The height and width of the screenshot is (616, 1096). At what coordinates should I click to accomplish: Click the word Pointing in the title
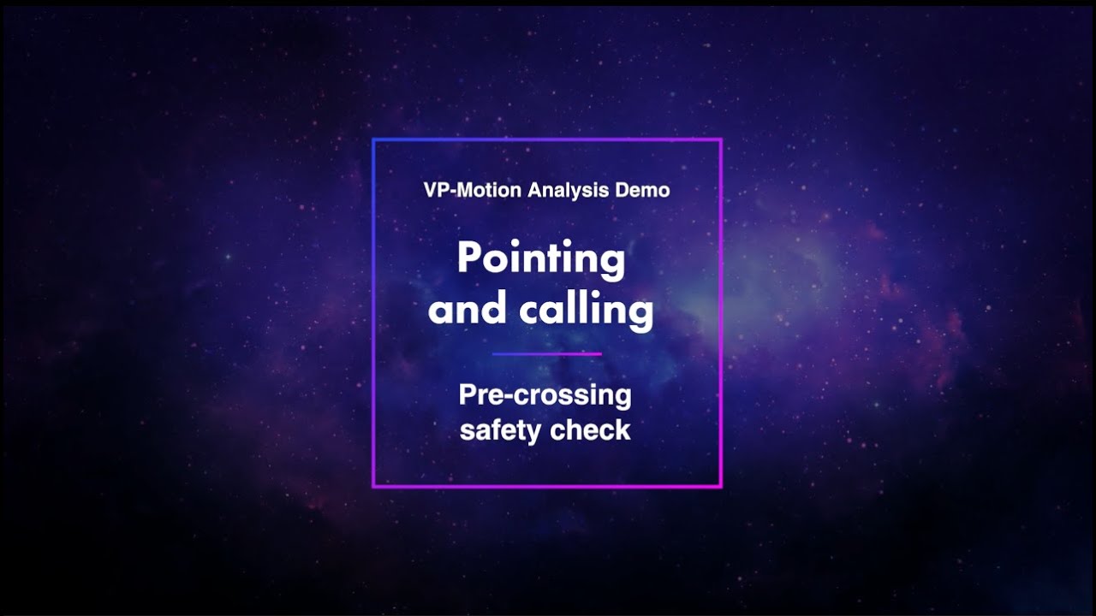tap(541, 258)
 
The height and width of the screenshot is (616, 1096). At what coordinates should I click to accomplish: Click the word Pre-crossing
tap(545, 395)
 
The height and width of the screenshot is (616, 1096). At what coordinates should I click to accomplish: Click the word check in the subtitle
tap(591, 429)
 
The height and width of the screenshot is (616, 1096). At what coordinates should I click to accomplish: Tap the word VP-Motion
tap(472, 190)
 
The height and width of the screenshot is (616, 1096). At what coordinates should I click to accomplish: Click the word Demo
tap(642, 190)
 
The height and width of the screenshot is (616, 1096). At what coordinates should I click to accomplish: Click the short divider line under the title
tap(547, 353)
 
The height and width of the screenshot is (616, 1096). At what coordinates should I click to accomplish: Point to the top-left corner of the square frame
tap(373, 139)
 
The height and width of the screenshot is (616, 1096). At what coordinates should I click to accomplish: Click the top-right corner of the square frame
tap(721, 139)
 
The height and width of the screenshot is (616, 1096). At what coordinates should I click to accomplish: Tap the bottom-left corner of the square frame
tap(373, 487)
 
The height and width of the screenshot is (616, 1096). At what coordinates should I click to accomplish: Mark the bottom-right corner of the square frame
tap(721, 487)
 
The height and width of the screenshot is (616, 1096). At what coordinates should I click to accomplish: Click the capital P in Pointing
tap(468, 258)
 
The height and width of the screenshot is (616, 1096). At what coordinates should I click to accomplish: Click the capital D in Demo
tap(622, 190)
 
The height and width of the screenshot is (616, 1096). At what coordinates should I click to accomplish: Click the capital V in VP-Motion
tap(430, 190)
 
